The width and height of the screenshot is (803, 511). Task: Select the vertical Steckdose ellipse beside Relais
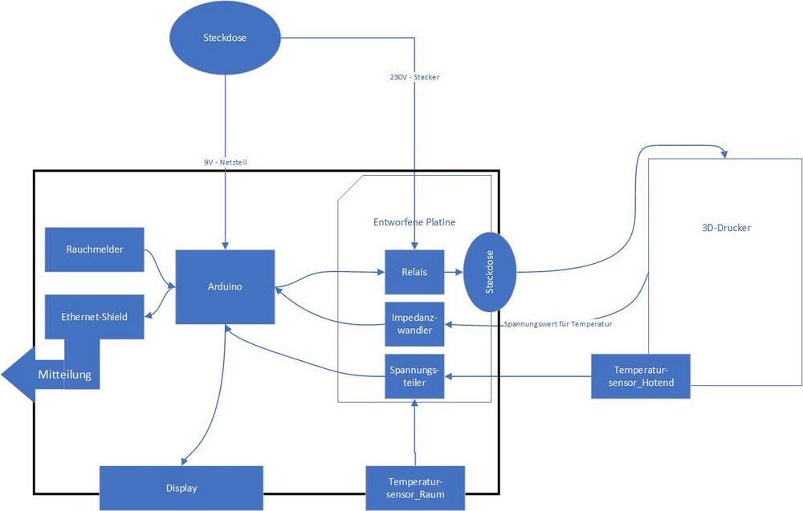[x=490, y=272]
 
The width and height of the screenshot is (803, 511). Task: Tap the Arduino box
[x=225, y=286]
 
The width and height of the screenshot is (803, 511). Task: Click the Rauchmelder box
[x=95, y=249]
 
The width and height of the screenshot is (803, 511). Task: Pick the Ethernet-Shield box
[x=95, y=316]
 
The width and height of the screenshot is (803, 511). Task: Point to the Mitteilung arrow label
[x=64, y=374]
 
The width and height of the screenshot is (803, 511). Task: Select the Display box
[x=181, y=488]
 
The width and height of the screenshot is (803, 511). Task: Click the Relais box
[x=414, y=272]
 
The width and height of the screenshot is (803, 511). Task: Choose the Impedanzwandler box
[x=414, y=323]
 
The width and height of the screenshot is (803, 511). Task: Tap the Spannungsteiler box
[x=414, y=376]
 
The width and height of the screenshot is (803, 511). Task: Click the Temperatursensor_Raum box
[x=416, y=488]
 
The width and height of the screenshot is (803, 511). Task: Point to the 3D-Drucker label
[x=725, y=228]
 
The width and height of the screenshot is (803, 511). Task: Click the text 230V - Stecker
[x=414, y=77]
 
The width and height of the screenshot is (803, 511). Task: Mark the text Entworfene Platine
[x=415, y=221]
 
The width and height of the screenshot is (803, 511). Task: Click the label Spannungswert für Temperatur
[x=558, y=324]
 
